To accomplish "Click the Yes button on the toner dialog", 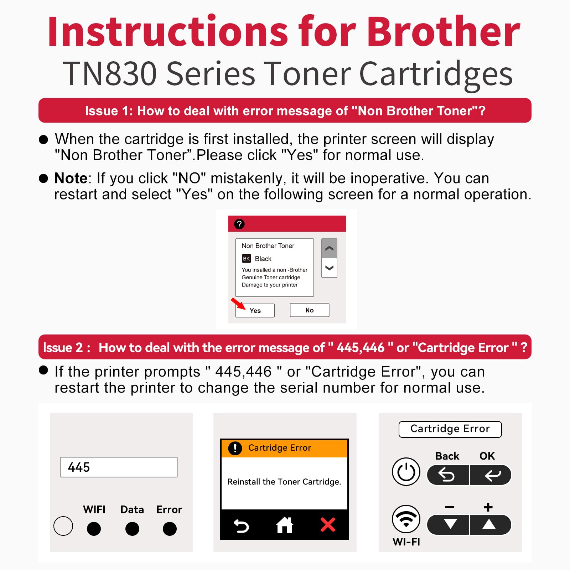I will coord(255,310).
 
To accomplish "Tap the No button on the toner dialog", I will coord(309,310).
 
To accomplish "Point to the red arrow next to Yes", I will coord(238,304).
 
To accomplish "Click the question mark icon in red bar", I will coord(239,224).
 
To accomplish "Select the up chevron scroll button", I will coord(329,248).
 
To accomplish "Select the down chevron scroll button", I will coord(329,268).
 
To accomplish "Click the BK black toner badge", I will coord(246,259).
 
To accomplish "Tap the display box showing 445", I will coord(119,467).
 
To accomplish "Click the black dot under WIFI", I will coord(94,529).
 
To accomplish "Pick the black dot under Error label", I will coord(170,529).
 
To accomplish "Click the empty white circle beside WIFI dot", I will coord(63,526).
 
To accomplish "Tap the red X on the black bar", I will coord(328,525).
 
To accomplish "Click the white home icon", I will coord(284,525).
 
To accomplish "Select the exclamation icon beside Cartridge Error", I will coord(235,448).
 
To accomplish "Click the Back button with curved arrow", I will coord(447,475).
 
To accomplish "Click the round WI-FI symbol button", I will coord(406,519).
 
